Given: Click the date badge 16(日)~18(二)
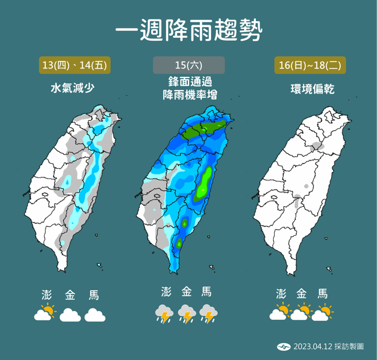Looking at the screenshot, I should pyautogui.click(x=309, y=65).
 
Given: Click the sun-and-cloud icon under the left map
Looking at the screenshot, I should pyautogui.click(x=45, y=313).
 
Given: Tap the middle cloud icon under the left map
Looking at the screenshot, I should pyautogui.click(x=70, y=315).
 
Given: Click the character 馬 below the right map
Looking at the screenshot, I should pyautogui.click(x=324, y=293).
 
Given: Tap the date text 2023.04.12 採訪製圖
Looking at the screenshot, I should pyautogui.click(x=328, y=346).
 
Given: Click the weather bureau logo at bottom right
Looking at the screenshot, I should pyautogui.click(x=283, y=346).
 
